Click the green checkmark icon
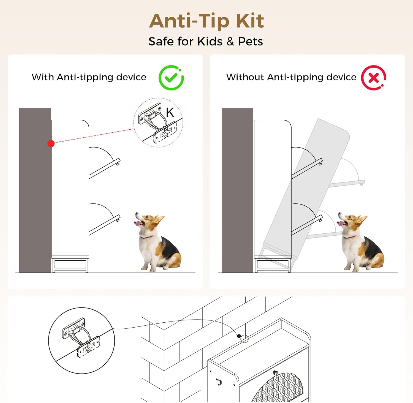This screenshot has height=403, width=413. coord(171,78)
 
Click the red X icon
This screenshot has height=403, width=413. coord(374,78)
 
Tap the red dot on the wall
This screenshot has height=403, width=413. coord(51,143)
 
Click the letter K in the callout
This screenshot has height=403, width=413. coord(170,112)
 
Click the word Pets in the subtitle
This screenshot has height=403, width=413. coord(250,42)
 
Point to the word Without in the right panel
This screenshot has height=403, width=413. coord(245,77)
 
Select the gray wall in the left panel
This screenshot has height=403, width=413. coord(35,190)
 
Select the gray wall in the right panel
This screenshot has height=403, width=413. coord(237,190)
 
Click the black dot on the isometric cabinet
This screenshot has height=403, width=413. coord(239,336)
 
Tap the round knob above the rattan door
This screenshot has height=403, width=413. coord(275,373)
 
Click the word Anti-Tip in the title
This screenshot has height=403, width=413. coord(189,21)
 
